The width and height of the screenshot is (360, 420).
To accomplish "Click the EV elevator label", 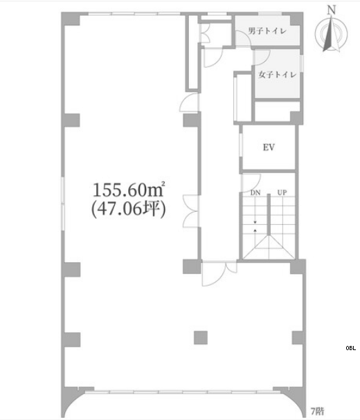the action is click(269, 147).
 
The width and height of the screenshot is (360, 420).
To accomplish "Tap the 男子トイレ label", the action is click(267, 31).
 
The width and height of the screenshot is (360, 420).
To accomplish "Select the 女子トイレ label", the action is click(278, 75).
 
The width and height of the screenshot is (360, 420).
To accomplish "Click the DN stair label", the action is click(255, 192).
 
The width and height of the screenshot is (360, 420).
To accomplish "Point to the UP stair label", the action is click(282, 192).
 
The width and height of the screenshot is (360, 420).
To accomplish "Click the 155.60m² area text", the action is click(129, 190).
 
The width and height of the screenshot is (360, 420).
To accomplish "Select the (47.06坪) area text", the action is click(128, 209).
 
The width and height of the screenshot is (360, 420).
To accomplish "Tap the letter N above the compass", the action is click(332, 10).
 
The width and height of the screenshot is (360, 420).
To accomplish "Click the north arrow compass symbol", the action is click(332, 33).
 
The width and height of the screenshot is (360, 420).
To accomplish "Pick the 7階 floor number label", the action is click(317, 411).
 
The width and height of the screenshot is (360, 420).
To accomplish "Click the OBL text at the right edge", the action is click(351, 348).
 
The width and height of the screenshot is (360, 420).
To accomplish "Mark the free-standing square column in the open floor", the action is click(201, 338).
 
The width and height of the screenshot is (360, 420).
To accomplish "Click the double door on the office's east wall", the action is click(191, 212).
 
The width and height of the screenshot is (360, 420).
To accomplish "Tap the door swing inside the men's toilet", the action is click(244, 37).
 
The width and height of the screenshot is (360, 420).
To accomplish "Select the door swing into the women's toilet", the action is click(262, 57).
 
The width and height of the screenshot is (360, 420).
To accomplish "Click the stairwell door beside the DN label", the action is click(251, 183).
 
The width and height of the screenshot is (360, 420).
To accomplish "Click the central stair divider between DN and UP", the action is click(269, 214).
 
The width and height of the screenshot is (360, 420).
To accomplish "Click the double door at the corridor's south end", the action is click(219, 273).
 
